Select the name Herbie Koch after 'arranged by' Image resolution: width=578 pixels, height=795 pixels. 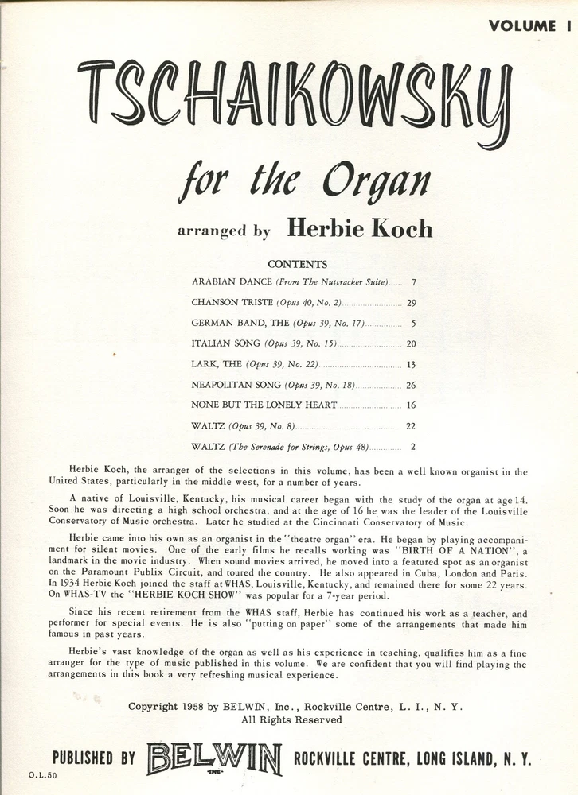[359, 229]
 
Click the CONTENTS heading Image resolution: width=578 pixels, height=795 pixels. [297, 264]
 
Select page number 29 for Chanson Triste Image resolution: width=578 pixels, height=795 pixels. [411, 303]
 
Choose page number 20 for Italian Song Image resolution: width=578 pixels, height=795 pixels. [411, 344]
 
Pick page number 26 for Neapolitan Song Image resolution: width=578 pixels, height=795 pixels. [411, 385]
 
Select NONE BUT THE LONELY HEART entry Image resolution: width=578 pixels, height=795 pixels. [264, 405]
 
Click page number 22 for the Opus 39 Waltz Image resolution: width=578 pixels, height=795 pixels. [411, 426]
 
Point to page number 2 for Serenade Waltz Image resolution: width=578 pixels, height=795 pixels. [413, 447]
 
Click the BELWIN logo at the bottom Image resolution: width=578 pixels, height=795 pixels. [213, 758]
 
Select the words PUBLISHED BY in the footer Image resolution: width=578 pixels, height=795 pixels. [93, 758]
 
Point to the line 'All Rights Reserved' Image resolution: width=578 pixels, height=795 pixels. [291, 719]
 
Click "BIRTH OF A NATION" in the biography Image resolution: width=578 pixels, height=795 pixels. [439, 550]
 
